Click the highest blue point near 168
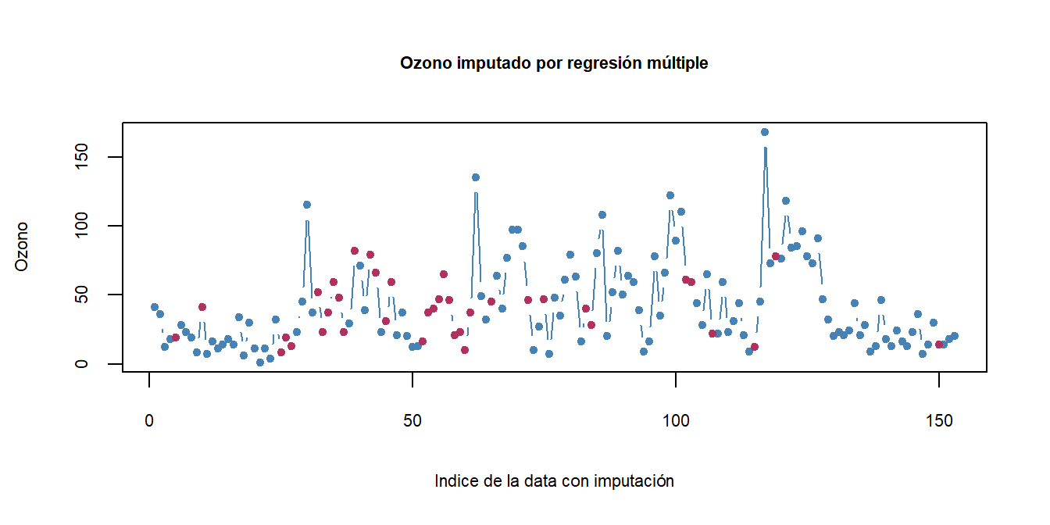click(765, 132)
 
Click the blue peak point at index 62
click(475, 177)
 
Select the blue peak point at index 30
click(307, 205)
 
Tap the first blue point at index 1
click(155, 307)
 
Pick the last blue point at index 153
click(954, 336)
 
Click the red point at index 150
click(939, 345)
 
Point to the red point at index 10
click(202, 307)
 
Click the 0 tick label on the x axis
click(149, 421)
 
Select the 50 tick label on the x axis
click(412, 421)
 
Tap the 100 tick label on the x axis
click(676, 421)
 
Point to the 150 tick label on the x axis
click(939, 421)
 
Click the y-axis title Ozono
click(22, 247)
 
